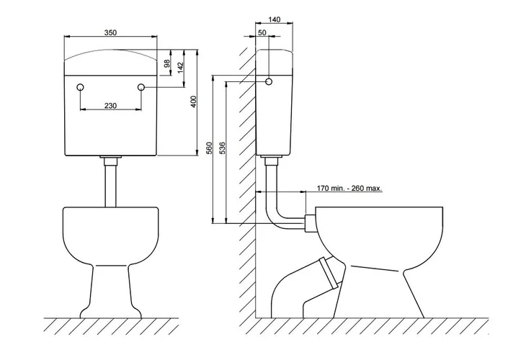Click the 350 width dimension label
coord(110,33)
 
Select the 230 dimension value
coord(110,105)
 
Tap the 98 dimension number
coord(166,63)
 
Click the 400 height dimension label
coord(194,102)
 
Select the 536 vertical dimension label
coord(222,148)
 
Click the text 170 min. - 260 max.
coord(349,189)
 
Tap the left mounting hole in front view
coord(80,88)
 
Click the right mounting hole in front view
coord(141,88)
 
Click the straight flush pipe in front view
coord(110,183)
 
